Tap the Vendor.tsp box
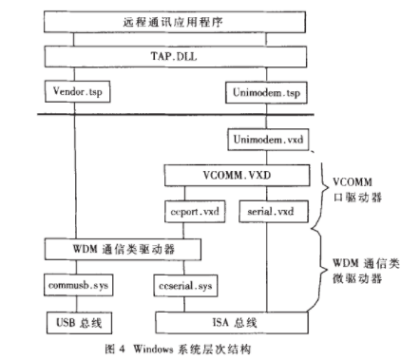71,92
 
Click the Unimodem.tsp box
267,92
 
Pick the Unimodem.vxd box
267,141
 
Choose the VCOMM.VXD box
237,176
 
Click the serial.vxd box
267,212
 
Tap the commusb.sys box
73,284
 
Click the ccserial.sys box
187,284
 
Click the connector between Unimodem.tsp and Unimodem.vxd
267,116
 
